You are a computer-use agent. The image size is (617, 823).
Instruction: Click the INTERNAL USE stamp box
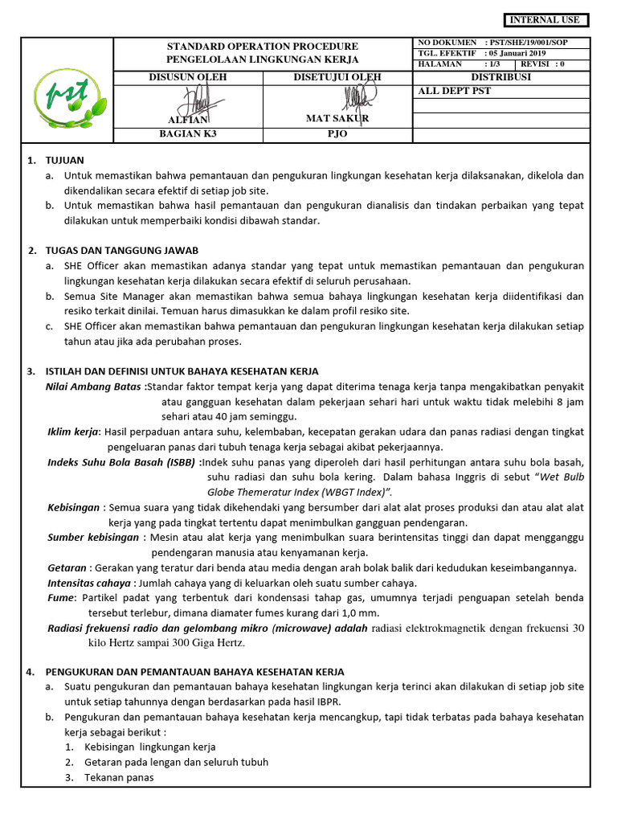[x=546, y=20]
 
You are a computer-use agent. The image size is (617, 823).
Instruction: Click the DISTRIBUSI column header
[x=501, y=77]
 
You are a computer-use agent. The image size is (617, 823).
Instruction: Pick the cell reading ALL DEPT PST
[x=455, y=91]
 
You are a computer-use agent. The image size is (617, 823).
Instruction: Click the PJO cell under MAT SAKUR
[x=337, y=134]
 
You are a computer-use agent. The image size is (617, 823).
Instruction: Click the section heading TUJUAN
[x=65, y=161]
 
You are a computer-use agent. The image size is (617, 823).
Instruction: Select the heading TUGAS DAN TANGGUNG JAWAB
[x=122, y=251]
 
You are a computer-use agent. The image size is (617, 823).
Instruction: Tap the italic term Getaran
[x=67, y=568]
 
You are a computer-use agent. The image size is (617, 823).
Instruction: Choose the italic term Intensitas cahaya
[x=89, y=583]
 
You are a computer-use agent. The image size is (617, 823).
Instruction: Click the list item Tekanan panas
[x=119, y=777]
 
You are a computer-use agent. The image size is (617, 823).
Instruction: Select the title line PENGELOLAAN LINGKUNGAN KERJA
[x=263, y=60]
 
